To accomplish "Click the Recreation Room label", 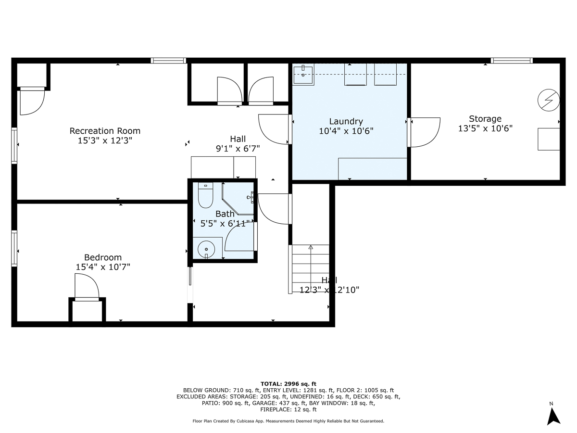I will click(x=105, y=131).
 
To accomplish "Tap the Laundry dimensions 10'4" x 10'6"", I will click(x=346, y=131).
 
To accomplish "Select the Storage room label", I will click(x=485, y=119).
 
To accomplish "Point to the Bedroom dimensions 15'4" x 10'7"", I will click(x=103, y=267).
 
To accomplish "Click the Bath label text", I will click(x=225, y=214).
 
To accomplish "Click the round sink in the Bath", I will click(x=206, y=249).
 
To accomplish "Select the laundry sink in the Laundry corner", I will click(x=303, y=75).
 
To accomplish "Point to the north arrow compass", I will click(x=554, y=415).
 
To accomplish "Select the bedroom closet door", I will click(x=87, y=288).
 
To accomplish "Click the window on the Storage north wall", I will click(x=512, y=61).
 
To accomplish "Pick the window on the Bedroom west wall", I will click(x=14, y=248).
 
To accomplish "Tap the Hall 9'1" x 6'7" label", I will click(x=238, y=144).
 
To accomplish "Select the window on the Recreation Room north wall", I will click(x=168, y=61).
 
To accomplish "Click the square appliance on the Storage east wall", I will click(x=549, y=139).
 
